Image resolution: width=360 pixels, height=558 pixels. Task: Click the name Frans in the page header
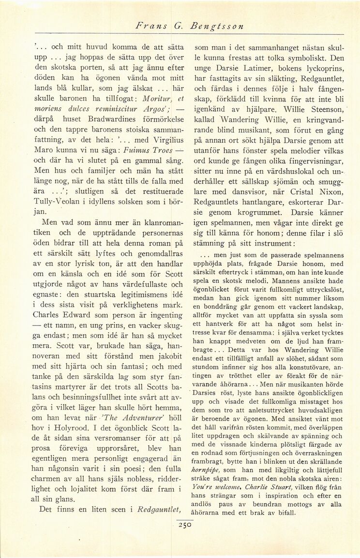[x=150, y=27]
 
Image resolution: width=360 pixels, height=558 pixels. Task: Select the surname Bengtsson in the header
[x=217, y=27]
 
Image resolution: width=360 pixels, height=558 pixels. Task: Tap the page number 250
[x=185, y=523]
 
